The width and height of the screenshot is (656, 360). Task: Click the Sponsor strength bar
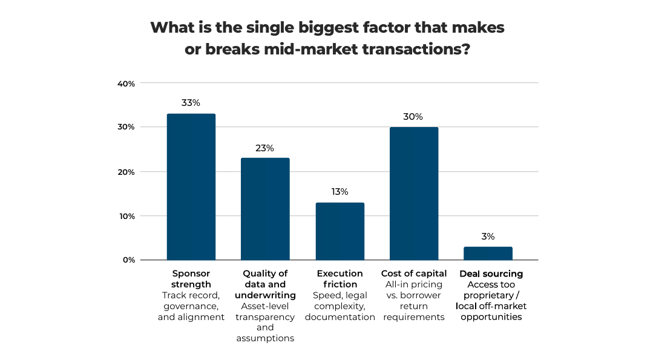coord(191,187)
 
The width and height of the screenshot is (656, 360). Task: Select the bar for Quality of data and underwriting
coord(265,209)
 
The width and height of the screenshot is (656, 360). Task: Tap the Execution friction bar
coord(339,231)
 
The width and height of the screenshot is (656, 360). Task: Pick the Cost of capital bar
coord(414,194)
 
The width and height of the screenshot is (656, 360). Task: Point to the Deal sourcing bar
coord(488,254)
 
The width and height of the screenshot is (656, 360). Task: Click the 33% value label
coord(191,103)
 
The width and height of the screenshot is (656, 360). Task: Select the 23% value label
coord(265,148)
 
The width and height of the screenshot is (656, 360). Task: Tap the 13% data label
coord(339,192)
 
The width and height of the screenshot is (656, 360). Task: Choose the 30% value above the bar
coord(414,117)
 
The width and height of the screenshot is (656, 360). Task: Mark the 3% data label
coord(488,237)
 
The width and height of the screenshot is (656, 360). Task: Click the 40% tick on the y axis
coord(126,83)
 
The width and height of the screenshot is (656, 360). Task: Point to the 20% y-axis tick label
coord(126,172)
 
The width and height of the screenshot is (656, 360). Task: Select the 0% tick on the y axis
coord(129,260)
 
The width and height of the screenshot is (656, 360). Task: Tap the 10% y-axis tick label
coord(126,216)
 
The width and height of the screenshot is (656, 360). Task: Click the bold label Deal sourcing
coord(491,273)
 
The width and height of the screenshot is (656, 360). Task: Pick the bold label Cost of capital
coord(414,273)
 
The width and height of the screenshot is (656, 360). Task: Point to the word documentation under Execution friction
coord(339,317)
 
